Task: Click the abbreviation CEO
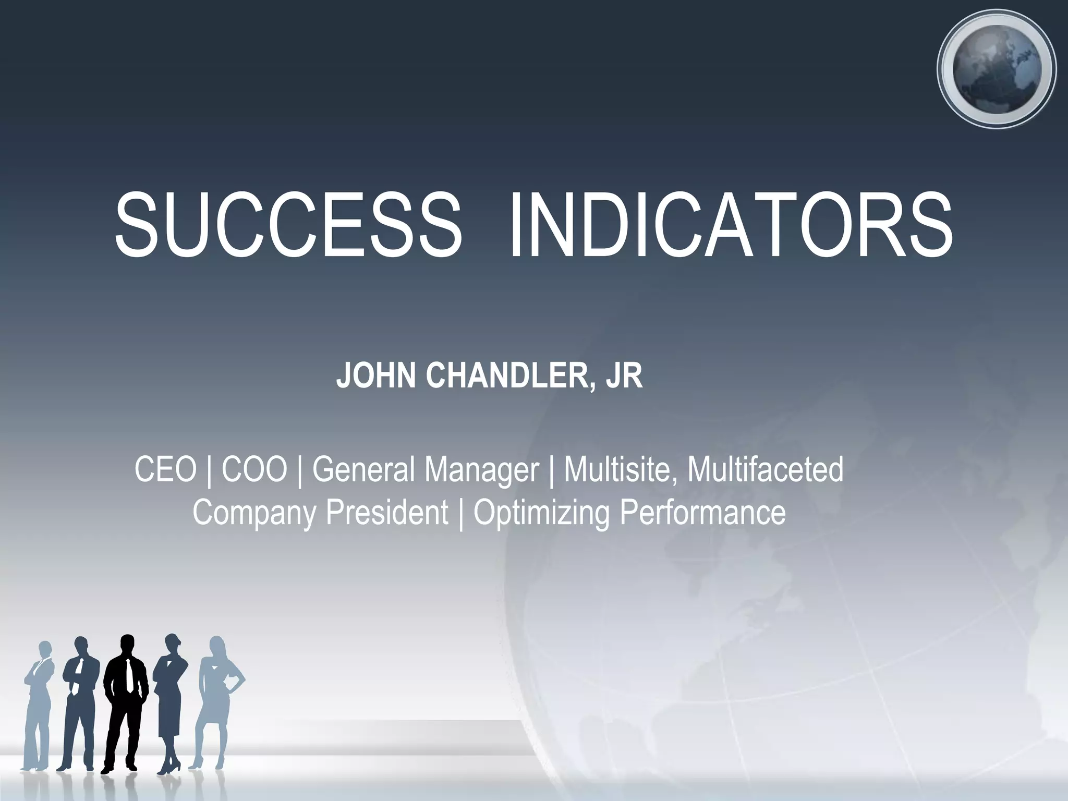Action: (165, 469)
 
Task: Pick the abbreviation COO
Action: (254, 469)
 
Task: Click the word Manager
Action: (480, 469)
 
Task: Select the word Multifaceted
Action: (765, 469)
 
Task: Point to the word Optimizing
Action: (541, 513)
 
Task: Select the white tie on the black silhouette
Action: (128, 675)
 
